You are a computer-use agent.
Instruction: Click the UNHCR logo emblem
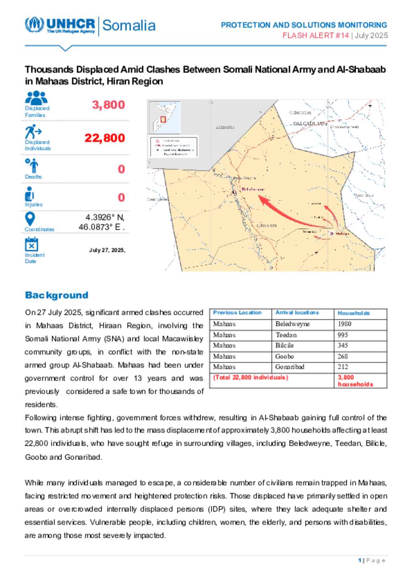pyautogui.click(x=34, y=25)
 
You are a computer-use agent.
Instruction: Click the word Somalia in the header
pyautogui.click(x=129, y=25)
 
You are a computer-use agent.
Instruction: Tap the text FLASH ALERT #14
pyautogui.click(x=315, y=35)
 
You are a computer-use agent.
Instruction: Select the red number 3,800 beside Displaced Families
pyautogui.click(x=108, y=105)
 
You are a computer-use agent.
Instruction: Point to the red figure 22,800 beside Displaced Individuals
pyautogui.click(x=105, y=138)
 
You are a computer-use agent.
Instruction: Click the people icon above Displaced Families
pyautogui.click(x=36, y=98)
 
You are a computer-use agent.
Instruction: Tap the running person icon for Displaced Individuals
pyautogui.click(x=33, y=132)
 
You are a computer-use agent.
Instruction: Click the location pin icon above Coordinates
pyautogui.click(x=30, y=219)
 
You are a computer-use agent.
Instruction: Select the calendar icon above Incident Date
pyautogui.click(x=31, y=244)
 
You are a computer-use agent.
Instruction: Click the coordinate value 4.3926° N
pyautogui.click(x=105, y=217)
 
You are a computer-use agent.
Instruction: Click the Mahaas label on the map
pyautogui.click(x=342, y=233)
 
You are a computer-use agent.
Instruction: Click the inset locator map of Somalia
pyautogui.click(x=165, y=117)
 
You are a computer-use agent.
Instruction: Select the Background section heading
pyautogui.click(x=56, y=295)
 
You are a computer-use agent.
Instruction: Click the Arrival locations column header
pyautogui.click(x=297, y=313)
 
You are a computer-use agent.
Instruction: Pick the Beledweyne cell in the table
pyautogui.click(x=292, y=324)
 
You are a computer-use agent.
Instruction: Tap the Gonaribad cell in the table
pyautogui.click(x=290, y=367)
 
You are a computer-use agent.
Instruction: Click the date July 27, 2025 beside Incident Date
pyautogui.click(x=107, y=250)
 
